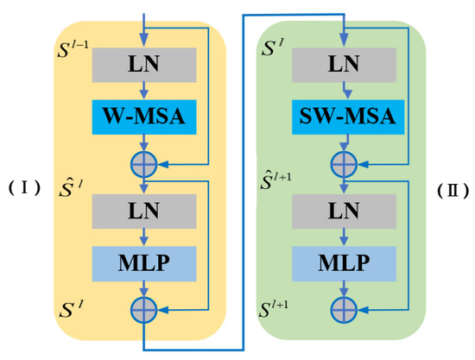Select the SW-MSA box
(x=344, y=116)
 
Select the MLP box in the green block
(x=344, y=261)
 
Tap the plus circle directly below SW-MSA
(x=344, y=161)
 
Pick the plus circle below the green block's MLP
(x=344, y=306)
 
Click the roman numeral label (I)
(x=24, y=187)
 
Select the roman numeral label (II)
(x=451, y=187)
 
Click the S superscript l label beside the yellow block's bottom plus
(x=69, y=307)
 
